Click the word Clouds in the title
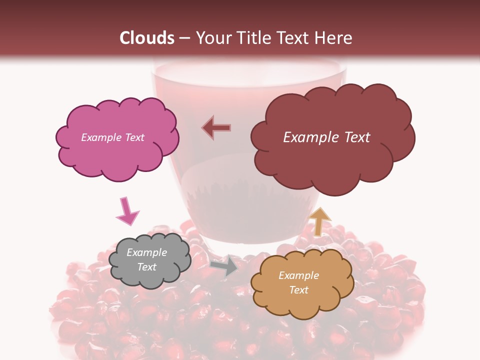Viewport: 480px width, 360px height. [x=147, y=38]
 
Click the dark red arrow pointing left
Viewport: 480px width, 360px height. [x=216, y=128]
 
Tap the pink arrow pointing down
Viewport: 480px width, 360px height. [x=127, y=211]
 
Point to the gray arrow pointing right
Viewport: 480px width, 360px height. [x=224, y=265]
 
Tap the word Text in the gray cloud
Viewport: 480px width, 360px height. [x=146, y=267]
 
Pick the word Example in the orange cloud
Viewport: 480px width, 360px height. [x=298, y=275]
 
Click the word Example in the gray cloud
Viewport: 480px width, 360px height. [x=146, y=252]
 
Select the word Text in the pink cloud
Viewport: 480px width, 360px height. [x=134, y=137]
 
